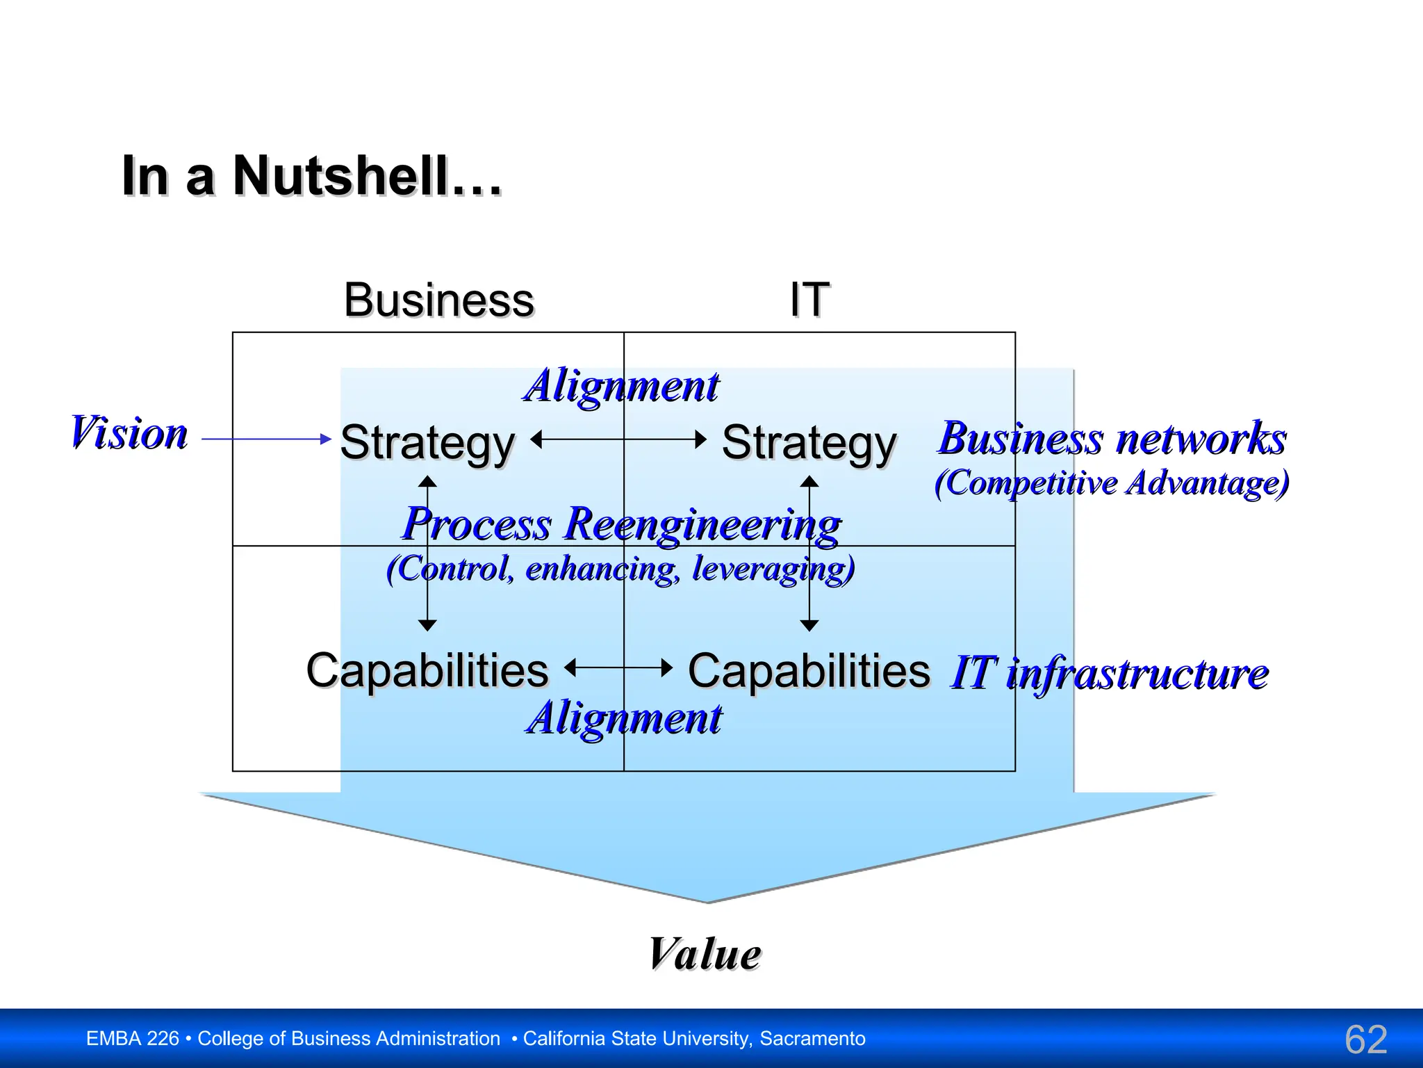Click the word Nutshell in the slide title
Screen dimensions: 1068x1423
[340, 176]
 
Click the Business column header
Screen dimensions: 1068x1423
[438, 300]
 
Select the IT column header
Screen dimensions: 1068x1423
[809, 300]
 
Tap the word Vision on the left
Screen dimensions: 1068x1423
[129, 432]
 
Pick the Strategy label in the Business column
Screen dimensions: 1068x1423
[427, 443]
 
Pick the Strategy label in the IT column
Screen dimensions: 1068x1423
[809, 443]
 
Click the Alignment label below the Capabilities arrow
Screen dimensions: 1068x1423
[623, 718]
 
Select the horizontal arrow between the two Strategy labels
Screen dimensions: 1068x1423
[618, 439]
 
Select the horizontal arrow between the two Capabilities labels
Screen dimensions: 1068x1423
[618, 668]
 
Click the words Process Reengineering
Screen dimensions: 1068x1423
[621, 524]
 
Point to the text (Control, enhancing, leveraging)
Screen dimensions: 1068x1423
[620, 569]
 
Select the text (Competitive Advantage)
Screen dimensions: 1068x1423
[1112, 483]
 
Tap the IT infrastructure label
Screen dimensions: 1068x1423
[1109, 673]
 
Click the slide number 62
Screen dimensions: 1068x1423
[1365, 1039]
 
